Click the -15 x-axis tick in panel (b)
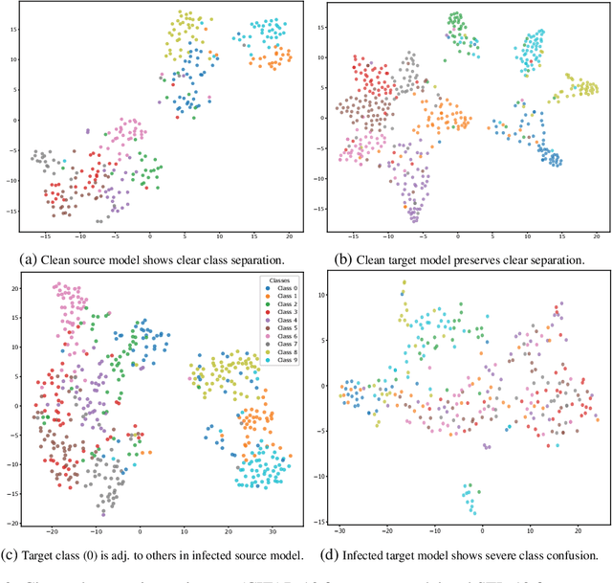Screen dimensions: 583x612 [x=353, y=235]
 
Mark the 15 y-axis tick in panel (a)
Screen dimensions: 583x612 [x=13, y=29]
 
